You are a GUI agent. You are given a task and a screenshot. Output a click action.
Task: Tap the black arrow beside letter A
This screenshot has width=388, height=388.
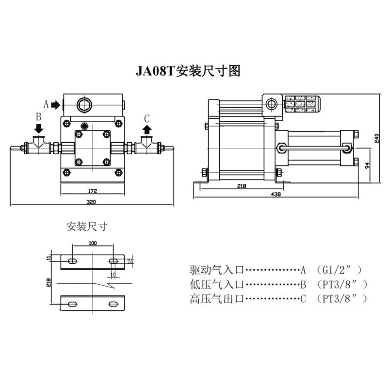pyautogui.click(x=55, y=104)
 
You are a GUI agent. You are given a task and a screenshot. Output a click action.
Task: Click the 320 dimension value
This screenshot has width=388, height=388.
pyautogui.click(x=91, y=201)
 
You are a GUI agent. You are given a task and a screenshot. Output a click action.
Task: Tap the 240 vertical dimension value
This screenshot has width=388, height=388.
pyautogui.click(x=377, y=138)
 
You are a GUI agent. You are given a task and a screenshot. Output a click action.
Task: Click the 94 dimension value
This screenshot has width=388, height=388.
pyautogui.click(x=368, y=165)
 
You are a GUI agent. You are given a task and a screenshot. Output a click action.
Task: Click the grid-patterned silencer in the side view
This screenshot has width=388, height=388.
pyautogui.click(x=301, y=103)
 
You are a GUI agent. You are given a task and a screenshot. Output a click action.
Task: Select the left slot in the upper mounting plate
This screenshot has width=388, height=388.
pyautogui.click(x=72, y=261)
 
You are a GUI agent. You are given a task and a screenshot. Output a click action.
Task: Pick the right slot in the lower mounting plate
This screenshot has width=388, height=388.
pyautogui.click(x=113, y=304)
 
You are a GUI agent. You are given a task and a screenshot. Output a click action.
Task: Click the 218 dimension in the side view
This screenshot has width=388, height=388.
pyautogui.click(x=241, y=186)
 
